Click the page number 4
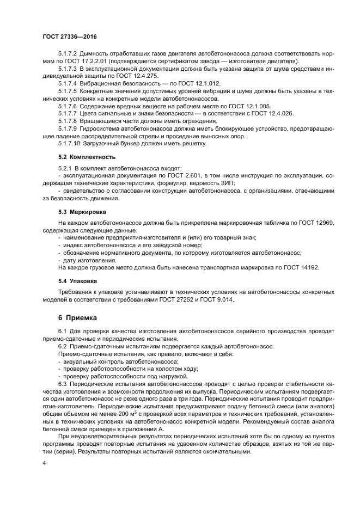pos(44,463)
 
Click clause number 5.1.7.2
pos(68,55)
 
